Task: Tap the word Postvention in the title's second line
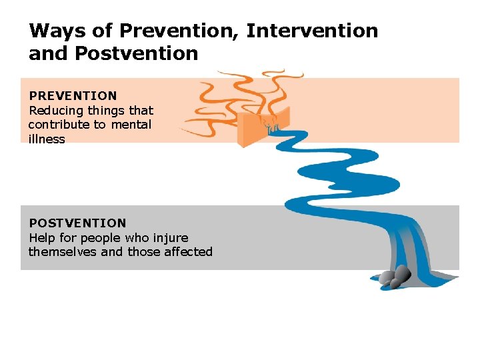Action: pos(136,53)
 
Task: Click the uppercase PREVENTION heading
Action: pos(73,96)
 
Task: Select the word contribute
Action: pos(59,125)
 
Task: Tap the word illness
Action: pos(47,139)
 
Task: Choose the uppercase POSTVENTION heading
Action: pos(77,223)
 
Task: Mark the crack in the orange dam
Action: pos(270,124)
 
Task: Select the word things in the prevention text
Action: pos(109,111)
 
